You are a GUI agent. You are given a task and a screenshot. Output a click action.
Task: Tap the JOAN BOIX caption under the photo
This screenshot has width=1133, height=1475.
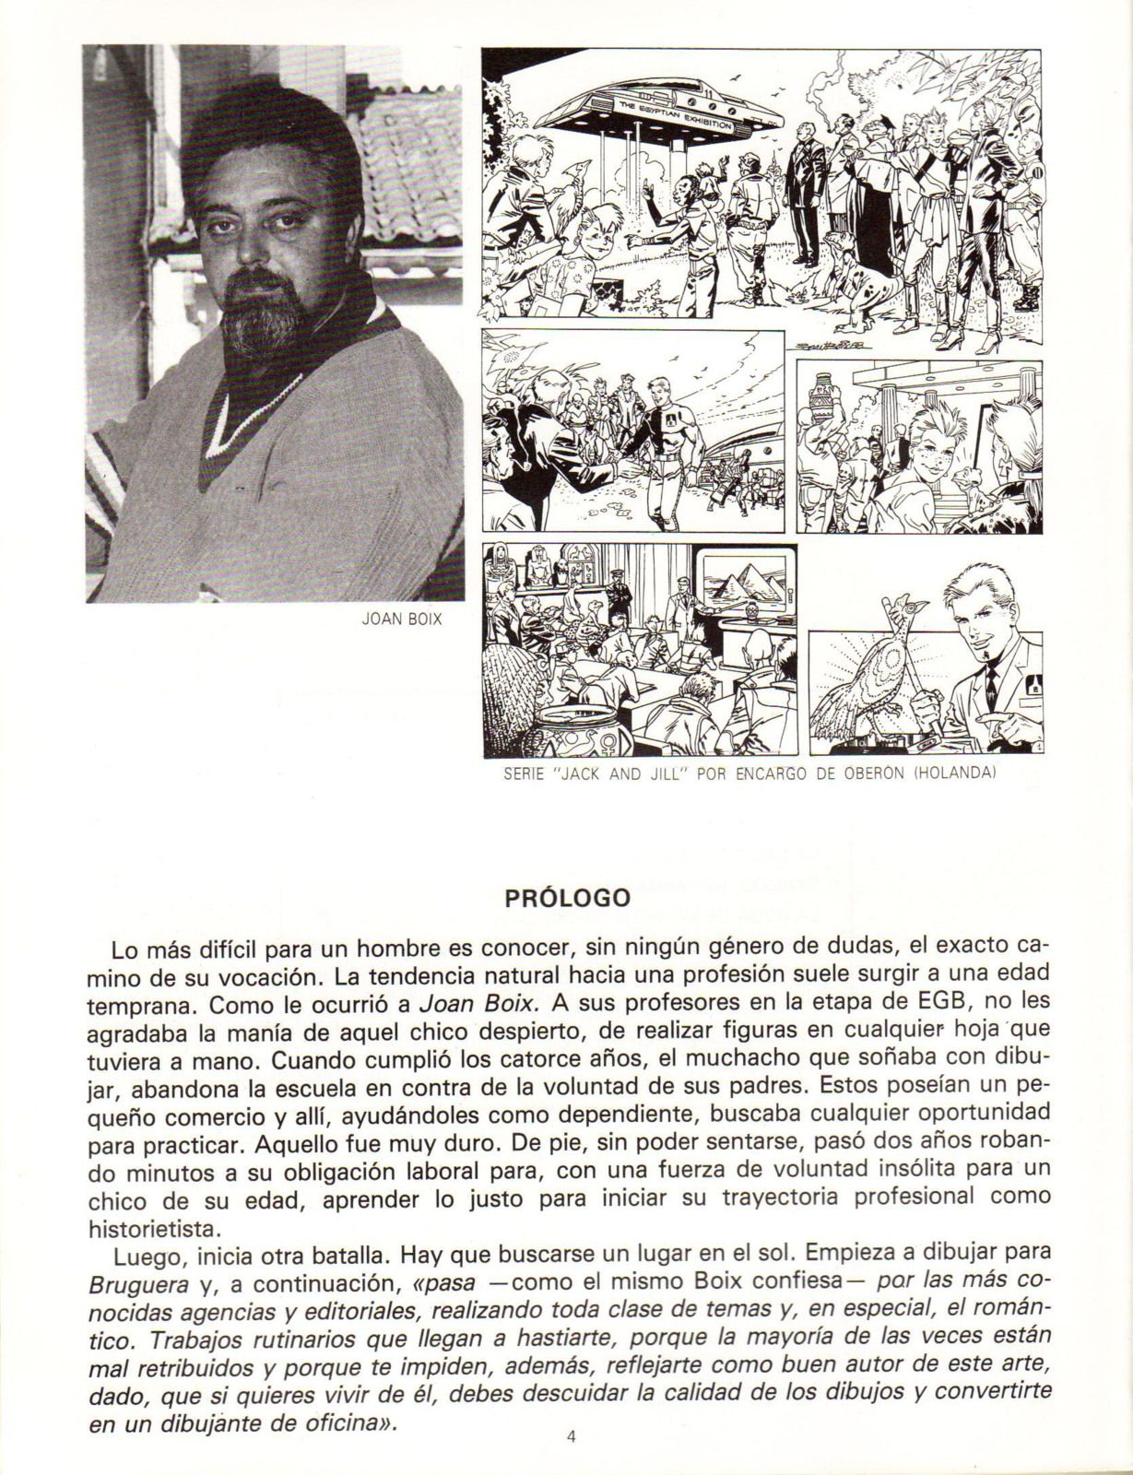click(x=401, y=620)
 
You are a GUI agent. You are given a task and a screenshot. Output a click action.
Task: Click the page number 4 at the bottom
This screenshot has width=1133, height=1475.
click(x=572, y=1435)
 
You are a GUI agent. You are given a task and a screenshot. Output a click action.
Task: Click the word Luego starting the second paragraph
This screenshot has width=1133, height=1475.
click(x=140, y=1257)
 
